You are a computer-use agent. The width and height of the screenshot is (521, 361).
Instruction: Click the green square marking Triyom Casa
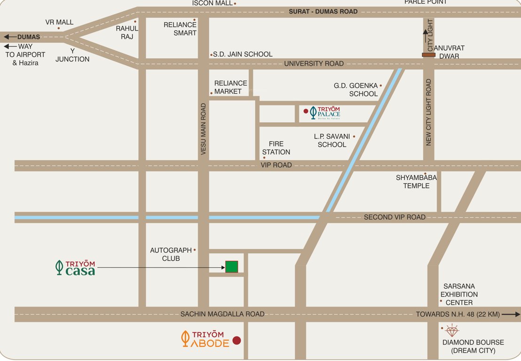(x=231, y=267)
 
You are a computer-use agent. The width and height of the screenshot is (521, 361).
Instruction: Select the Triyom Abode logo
(x=205, y=338)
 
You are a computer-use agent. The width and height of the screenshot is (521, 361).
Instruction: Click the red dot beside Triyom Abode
(x=237, y=340)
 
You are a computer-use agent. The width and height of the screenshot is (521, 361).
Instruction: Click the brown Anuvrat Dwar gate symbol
(x=428, y=55)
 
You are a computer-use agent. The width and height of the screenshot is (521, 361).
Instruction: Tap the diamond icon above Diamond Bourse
(x=451, y=330)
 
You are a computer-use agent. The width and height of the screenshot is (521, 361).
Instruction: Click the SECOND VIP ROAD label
(x=395, y=217)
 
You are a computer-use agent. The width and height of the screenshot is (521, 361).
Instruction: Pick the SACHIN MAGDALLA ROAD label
(x=223, y=314)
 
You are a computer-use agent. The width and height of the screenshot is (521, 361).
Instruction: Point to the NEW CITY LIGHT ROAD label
(x=428, y=112)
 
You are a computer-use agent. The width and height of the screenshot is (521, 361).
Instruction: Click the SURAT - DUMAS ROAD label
(x=323, y=11)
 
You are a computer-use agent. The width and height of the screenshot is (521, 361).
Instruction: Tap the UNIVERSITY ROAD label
(x=314, y=63)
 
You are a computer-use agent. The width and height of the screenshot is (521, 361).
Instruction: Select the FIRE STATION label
(x=276, y=148)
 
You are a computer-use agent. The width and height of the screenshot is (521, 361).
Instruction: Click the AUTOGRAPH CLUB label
(x=171, y=254)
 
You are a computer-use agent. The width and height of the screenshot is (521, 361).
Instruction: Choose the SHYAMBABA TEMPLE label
(x=416, y=181)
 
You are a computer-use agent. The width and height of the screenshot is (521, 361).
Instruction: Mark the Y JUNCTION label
(x=72, y=55)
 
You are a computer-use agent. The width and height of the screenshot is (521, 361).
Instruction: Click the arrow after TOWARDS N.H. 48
(x=511, y=314)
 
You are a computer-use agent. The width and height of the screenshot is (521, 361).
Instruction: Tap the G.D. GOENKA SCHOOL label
(x=356, y=89)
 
